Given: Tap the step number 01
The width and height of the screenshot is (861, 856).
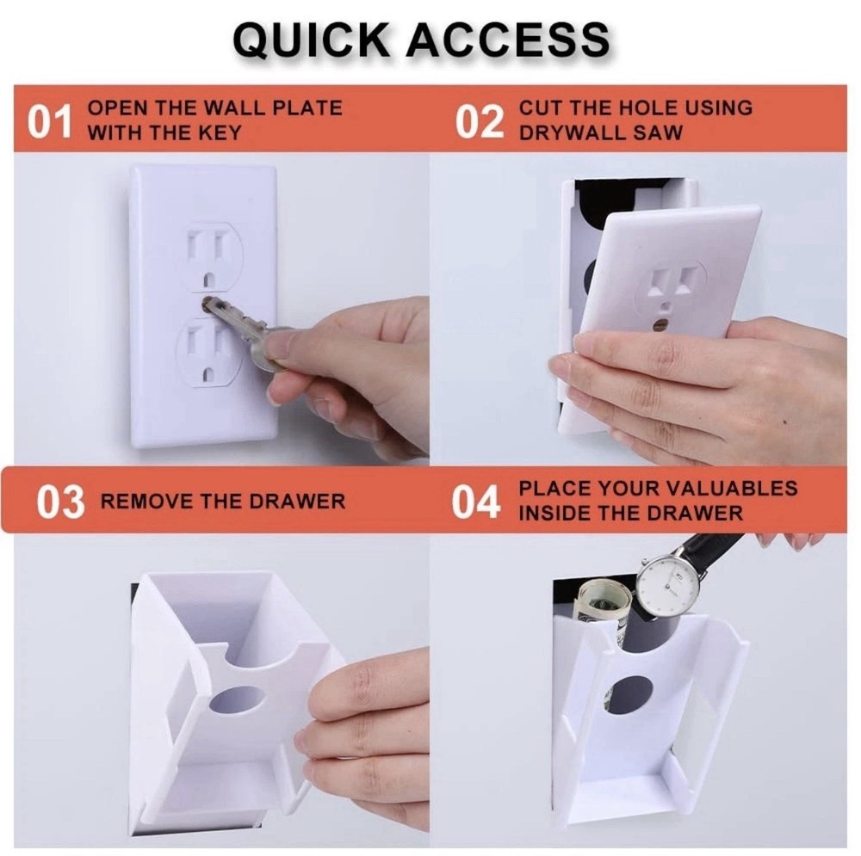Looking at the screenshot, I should point(50,122).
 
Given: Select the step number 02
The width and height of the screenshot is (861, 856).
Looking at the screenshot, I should point(479,122).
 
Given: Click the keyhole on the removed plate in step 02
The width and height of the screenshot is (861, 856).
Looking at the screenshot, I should point(660,326).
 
